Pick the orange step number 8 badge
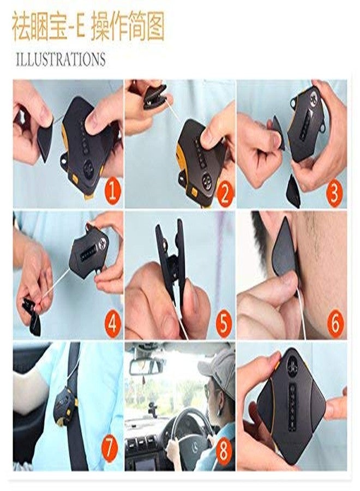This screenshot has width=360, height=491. pos(224,452)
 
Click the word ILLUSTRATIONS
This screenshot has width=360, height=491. pos(61,59)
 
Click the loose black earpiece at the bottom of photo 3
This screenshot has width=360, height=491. pos(293,190)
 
